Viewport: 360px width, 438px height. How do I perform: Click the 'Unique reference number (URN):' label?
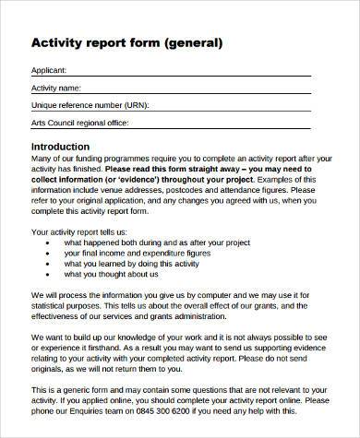(x=90, y=105)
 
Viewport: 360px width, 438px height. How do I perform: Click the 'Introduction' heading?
(x=61, y=147)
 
